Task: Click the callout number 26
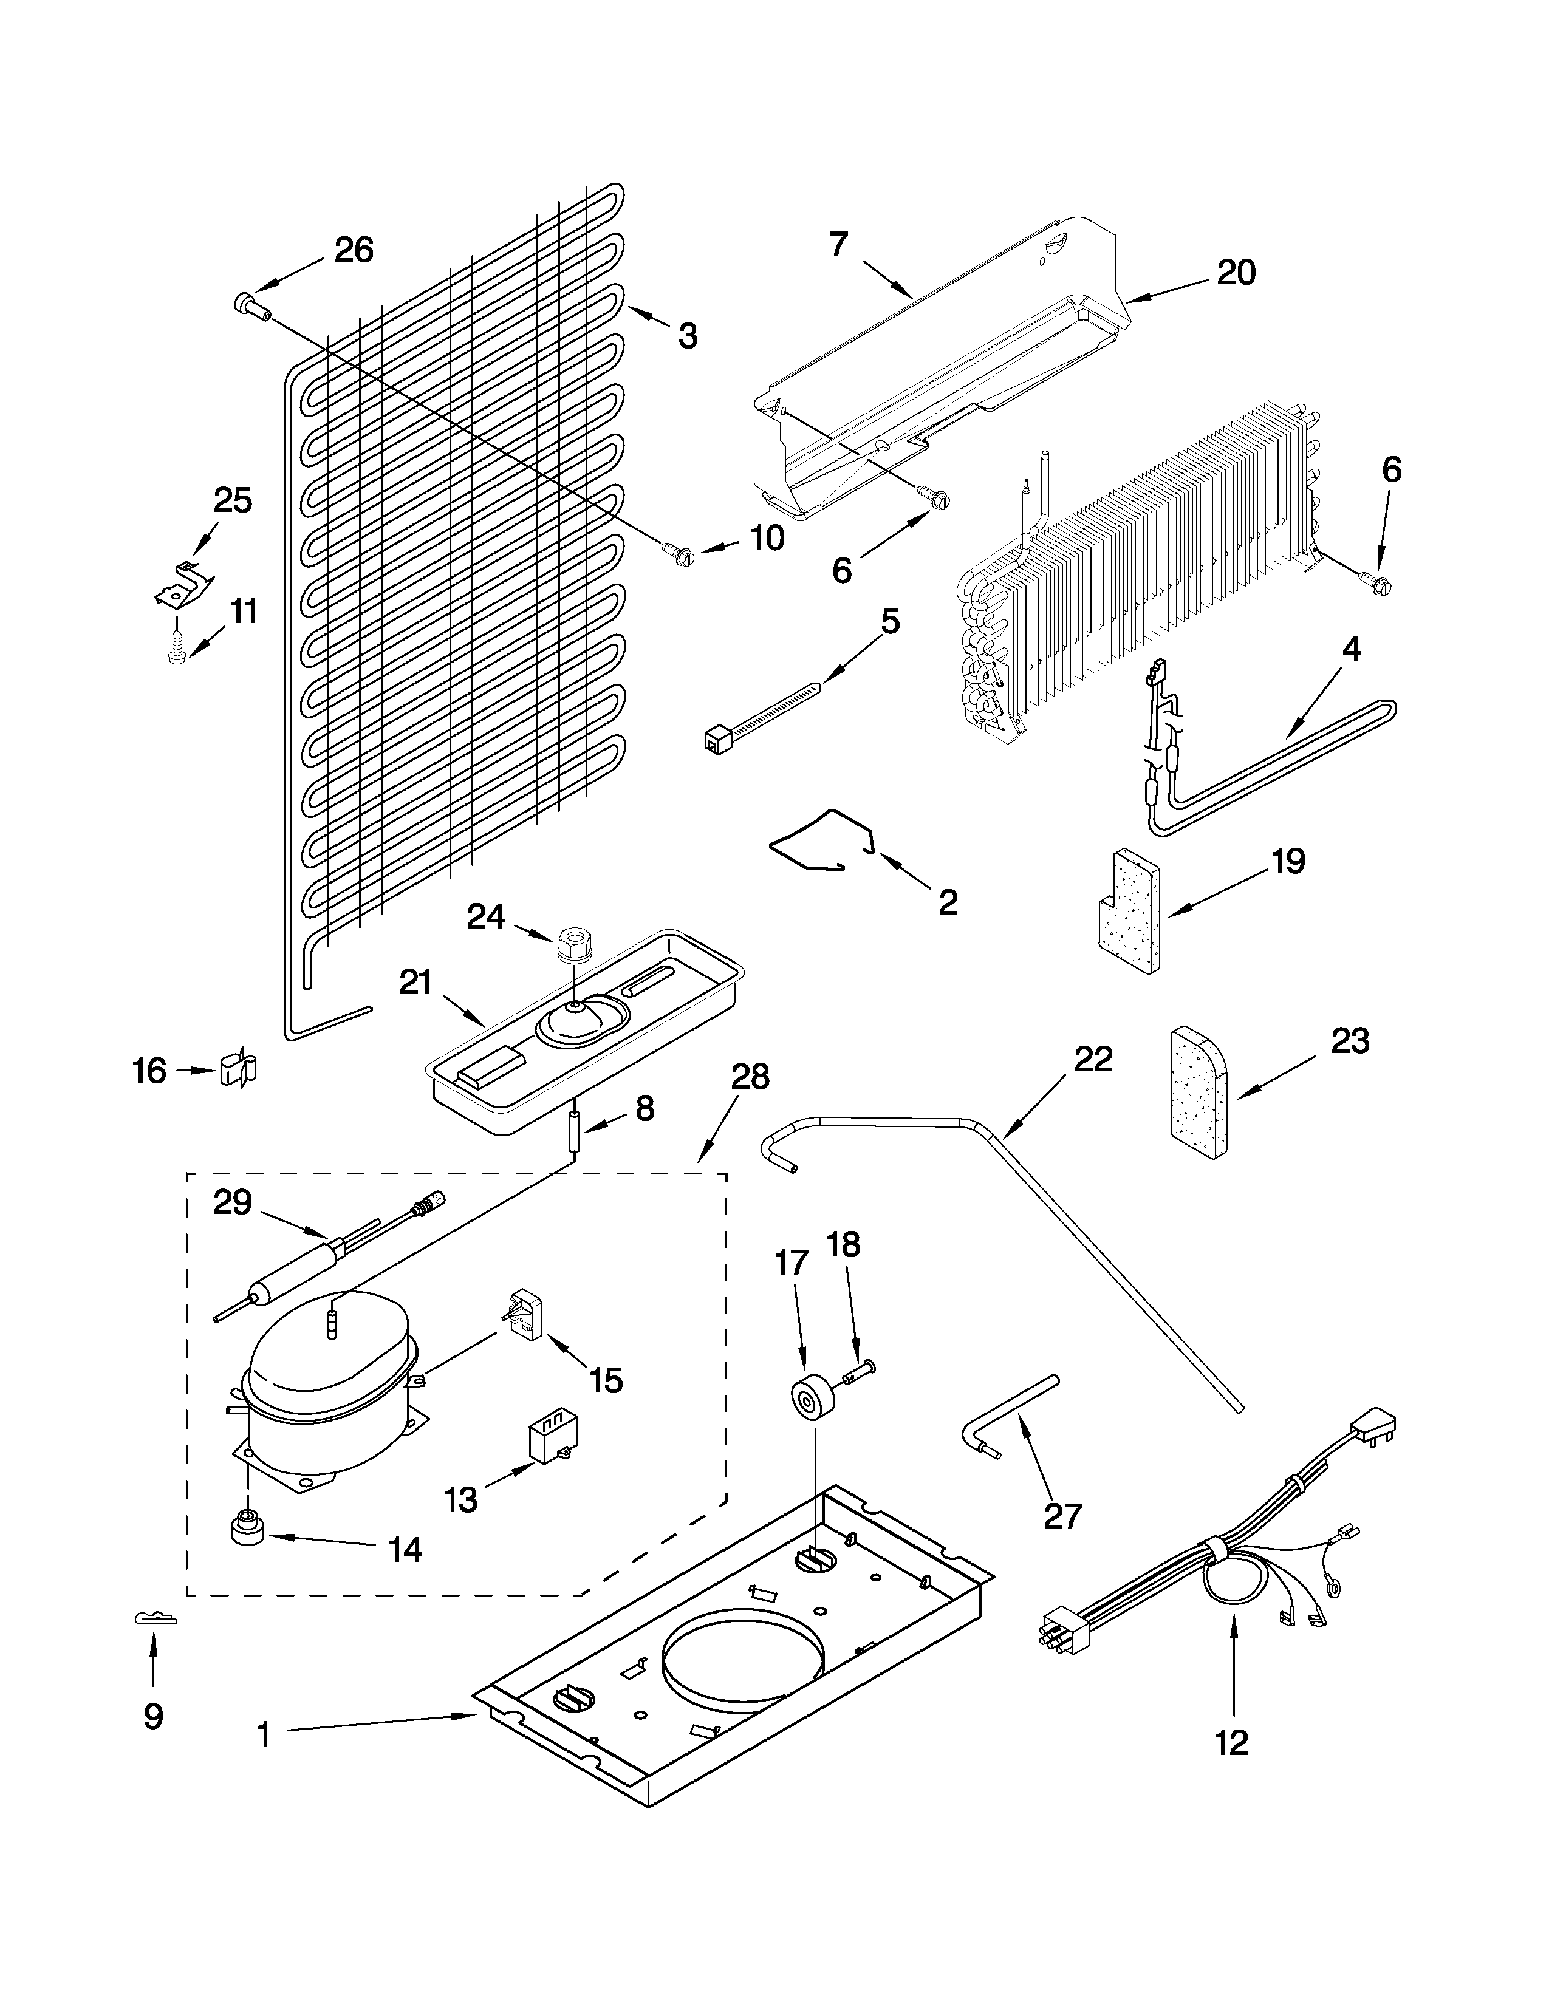point(354,250)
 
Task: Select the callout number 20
point(1235,273)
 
